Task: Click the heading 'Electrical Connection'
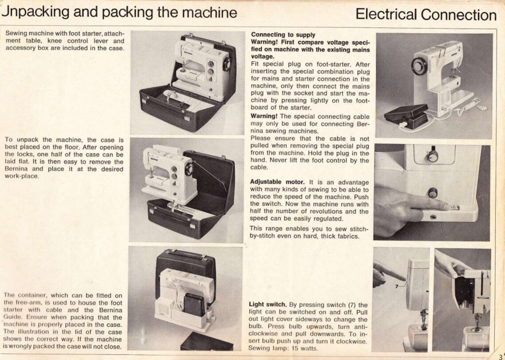pos(426,15)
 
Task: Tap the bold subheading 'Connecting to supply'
pos(283,35)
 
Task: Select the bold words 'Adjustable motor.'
pos(277,182)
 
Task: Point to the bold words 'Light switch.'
pos(268,305)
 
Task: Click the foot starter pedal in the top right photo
pos(405,114)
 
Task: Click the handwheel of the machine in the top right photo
pos(419,66)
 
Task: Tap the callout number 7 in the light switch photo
pos(396,286)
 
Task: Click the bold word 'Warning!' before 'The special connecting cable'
pos(264,116)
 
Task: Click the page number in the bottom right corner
pos(501,356)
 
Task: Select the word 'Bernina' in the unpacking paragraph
pos(19,169)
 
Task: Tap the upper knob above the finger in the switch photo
pos(432,156)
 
